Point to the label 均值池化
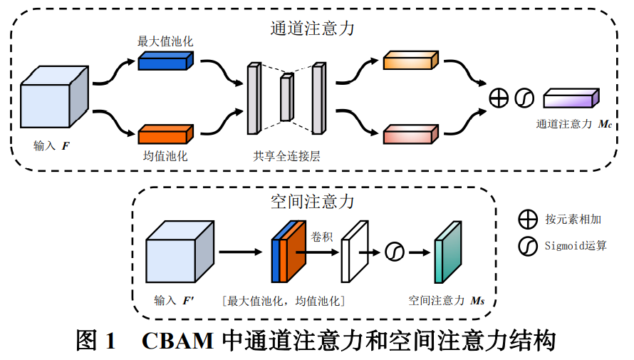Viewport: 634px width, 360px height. click(x=165, y=155)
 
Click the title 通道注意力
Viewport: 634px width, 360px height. click(x=313, y=29)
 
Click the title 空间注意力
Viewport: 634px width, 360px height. click(x=313, y=202)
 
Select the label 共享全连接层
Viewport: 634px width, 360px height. click(x=286, y=155)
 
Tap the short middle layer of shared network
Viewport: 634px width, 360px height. click(x=286, y=98)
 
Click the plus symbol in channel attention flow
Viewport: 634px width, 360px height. click(x=499, y=98)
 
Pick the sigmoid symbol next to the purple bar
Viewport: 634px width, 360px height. click(x=524, y=98)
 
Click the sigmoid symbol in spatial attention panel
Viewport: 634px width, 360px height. click(x=394, y=251)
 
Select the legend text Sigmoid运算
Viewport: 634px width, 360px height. click(x=576, y=246)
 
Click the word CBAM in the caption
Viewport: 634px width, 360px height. click(x=178, y=340)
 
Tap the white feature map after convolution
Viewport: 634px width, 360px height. click(x=353, y=252)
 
